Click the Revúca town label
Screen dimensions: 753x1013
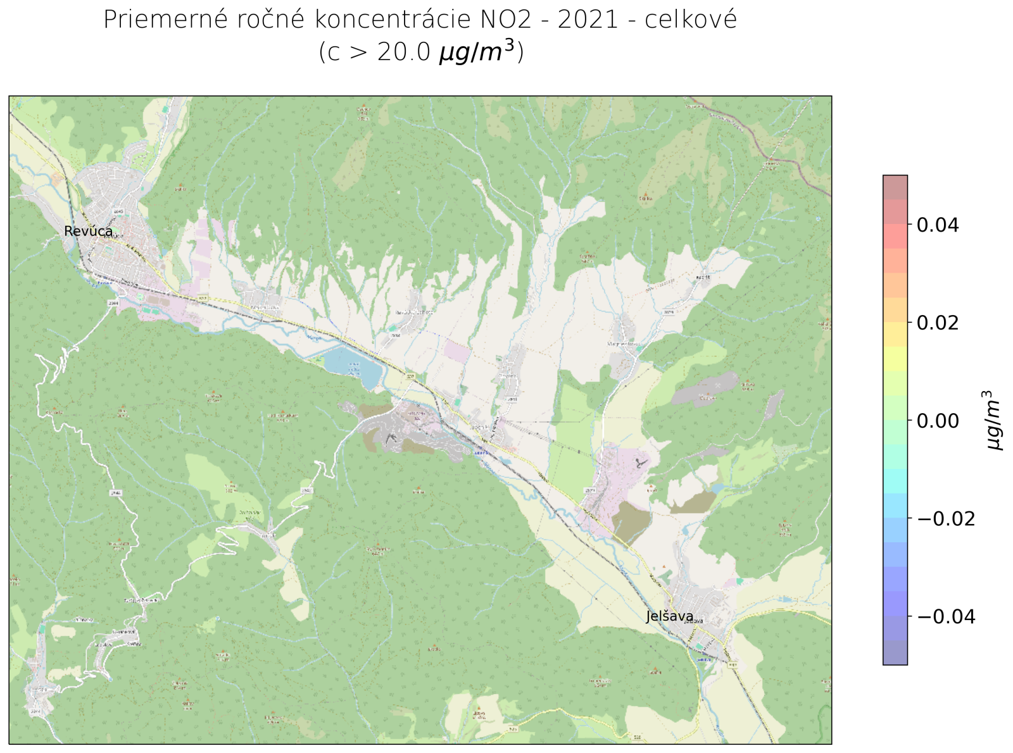pos(89,231)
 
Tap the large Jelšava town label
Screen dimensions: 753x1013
pos(669,616)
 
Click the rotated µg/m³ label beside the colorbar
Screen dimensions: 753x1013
pos(995,421)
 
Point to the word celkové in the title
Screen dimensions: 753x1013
pos(691,20)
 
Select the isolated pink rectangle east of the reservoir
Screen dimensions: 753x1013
pos(457,351)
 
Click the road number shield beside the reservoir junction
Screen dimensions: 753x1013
pos(410,376)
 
